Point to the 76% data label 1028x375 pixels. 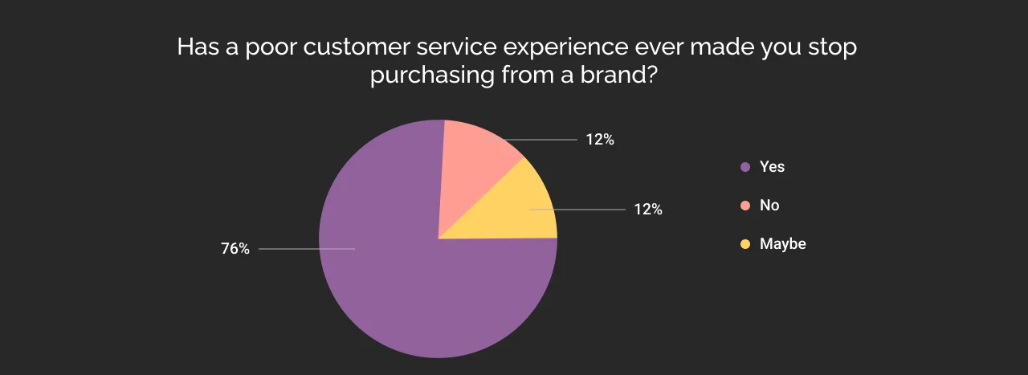coord(235,249)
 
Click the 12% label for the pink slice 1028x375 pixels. coord(600,140)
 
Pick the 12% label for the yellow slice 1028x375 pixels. coord(648,210)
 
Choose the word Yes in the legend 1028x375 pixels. coord(772,167)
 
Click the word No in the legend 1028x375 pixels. coord(769,206)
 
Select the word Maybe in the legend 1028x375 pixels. coord(782,244)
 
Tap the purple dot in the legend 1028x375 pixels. coord(745,167)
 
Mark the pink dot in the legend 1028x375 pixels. coord(745,206)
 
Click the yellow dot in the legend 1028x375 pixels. coord(745,244)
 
